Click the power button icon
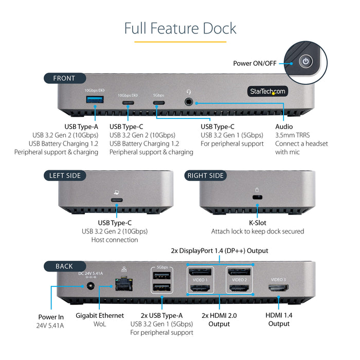pos(307,62)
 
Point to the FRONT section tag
pos(64,78)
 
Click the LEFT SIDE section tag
pos(65,175)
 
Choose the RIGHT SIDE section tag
pos(206,175)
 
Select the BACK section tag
pos(64,266)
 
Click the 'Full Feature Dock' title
pos(180,28)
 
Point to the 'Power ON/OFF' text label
pos(255,63)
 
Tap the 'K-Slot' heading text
pos(258,223)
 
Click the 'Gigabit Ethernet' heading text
pos(100,315)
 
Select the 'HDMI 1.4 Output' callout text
pos(279,319)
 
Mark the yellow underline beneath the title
pos(180,42)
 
